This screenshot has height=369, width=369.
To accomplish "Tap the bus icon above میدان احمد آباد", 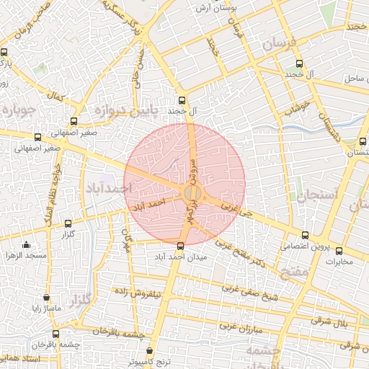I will (x=180, y=246).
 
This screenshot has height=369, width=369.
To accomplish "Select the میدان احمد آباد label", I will (x=181, y=257).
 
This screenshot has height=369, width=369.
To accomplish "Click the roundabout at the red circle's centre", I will (x=192, y=193).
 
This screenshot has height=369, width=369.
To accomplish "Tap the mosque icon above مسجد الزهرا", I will (x=27, y=245).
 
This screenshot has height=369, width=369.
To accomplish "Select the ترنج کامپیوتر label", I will (x=150, y=361).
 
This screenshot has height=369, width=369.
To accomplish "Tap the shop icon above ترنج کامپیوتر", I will (x=149, y=351).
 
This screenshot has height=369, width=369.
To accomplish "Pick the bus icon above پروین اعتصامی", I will (x=305, y=235).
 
